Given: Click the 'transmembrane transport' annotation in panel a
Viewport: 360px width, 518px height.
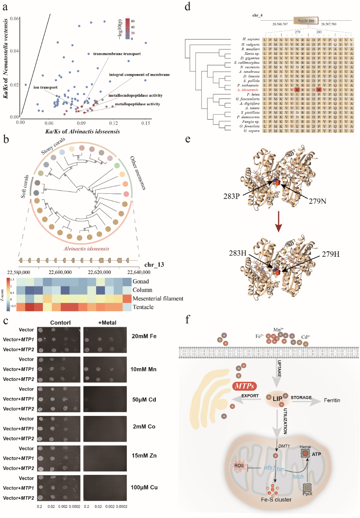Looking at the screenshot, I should click(x=117, y=54).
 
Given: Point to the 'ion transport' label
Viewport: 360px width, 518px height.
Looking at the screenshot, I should click(x=45, y=87).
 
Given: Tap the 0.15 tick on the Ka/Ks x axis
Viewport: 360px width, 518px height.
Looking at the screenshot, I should click(x=146, y=123).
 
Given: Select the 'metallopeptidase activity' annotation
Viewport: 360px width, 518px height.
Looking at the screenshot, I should click(x=137, y=104).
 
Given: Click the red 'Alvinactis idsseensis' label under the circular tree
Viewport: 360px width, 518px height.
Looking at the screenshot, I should click(x=86, y=248).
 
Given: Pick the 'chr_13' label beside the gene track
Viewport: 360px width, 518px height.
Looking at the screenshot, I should click(x=154, y=265).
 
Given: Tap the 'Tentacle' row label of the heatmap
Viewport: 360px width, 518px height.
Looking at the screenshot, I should click(x=143, y=307).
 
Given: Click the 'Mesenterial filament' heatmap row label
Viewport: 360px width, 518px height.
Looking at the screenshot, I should click(x=158, y=298).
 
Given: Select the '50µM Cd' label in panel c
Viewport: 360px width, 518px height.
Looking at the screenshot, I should click(x=144, y=399).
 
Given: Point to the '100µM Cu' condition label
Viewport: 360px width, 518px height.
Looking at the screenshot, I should click(x=144, y=487).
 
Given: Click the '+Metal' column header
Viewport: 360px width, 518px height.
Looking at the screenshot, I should click(x=107, y=322).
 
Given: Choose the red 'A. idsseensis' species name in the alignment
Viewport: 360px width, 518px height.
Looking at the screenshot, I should click(x=247, y=90).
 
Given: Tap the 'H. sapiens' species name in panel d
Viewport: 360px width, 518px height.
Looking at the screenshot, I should click(x=251, y=39).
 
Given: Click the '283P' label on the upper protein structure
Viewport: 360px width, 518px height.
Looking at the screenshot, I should click(x=231, y=196).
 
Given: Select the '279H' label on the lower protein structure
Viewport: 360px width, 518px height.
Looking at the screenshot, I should click(x=330, y=254).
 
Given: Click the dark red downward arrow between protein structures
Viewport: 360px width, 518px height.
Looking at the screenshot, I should click(x=278, y=221).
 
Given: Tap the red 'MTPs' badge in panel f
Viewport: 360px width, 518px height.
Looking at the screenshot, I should click(x=244, y=386).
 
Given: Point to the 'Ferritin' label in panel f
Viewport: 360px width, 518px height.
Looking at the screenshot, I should click(x=332, y=401).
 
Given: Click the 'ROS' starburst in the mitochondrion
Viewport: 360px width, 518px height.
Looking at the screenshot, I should click(x=239, y=466).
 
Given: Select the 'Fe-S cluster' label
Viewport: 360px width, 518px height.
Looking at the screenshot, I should click(x=276, y=500).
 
